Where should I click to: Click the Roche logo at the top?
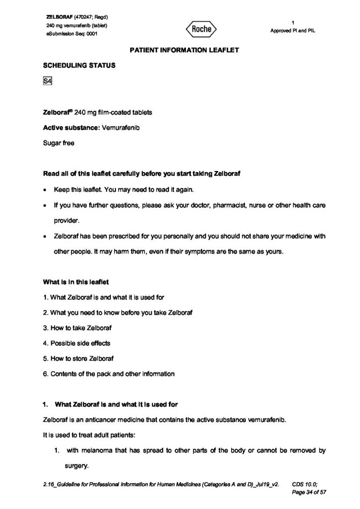(202, 29)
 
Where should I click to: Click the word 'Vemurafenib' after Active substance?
(121, 127)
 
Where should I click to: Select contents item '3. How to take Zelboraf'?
(77, 328)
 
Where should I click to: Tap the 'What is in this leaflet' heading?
(76, 282)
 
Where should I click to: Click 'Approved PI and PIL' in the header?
(293, 30)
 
